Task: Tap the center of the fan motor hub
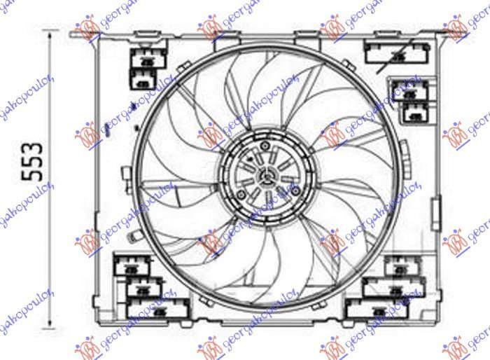click(264, 174)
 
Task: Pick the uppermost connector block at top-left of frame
click(144, 60)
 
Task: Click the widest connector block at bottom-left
click(157, 308)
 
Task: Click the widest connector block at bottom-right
click(377, 308)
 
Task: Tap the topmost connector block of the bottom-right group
click(401, 265)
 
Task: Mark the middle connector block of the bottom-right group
click(393, 286)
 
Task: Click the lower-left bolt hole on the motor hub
click(241, 194)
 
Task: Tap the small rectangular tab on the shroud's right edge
click(437, 207)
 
